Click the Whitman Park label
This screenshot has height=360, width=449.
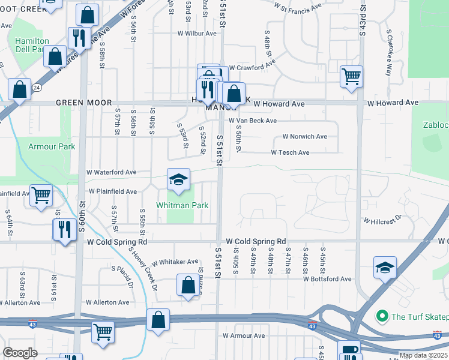point(182,205)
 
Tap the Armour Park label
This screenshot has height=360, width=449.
point(52,146)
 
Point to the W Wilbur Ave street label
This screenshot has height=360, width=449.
point(196,34)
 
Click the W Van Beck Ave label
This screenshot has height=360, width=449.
point(252,121)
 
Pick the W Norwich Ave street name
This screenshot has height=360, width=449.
point(304,137)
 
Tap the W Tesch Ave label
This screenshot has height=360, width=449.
point(290,152)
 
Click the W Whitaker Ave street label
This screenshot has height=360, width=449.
point(174,262)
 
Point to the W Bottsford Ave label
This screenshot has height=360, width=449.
point(327,279)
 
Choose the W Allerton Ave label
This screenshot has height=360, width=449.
point(108,302)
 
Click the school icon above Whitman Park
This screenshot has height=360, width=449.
point(178,180)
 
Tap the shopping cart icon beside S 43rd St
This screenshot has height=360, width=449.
point(351,77)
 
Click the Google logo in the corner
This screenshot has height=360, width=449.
point(20,353)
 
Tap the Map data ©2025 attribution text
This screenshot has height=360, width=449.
point(423,355)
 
